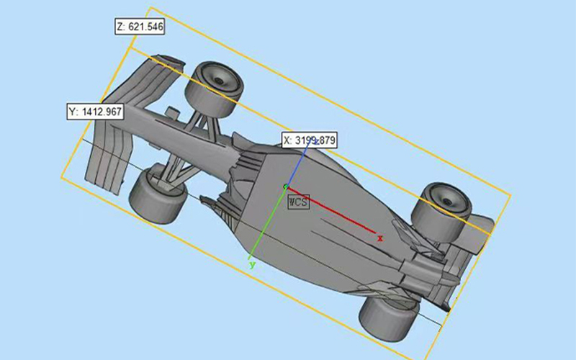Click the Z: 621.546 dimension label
point(140,27)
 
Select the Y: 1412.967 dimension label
point(96,112)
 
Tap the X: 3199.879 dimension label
point(310,140)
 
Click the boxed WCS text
point(298,202)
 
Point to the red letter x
point(380,239)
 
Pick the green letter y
point(252,264)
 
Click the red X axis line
point(331,210)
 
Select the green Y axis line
point(267,222)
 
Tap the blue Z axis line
point(297,164)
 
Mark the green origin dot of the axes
point(286,187)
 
